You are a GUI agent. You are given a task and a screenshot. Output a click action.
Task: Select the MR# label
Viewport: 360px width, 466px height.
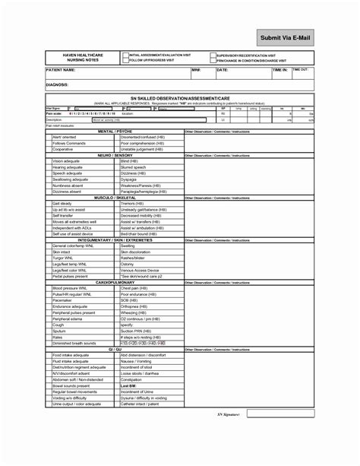(x=195, y=69)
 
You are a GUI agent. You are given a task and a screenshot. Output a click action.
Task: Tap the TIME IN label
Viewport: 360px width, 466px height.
(x=280, y=69)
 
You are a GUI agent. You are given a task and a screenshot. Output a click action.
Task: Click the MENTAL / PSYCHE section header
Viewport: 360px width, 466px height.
(x=116, y=131)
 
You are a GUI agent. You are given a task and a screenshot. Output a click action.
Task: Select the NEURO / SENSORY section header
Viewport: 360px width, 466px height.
(x=116, y=154)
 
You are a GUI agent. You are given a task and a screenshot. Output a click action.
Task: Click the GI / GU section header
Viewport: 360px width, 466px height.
(x=116, y=349)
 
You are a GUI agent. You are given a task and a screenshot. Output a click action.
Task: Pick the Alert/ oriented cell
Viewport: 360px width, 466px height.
(x=64, y=138)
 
